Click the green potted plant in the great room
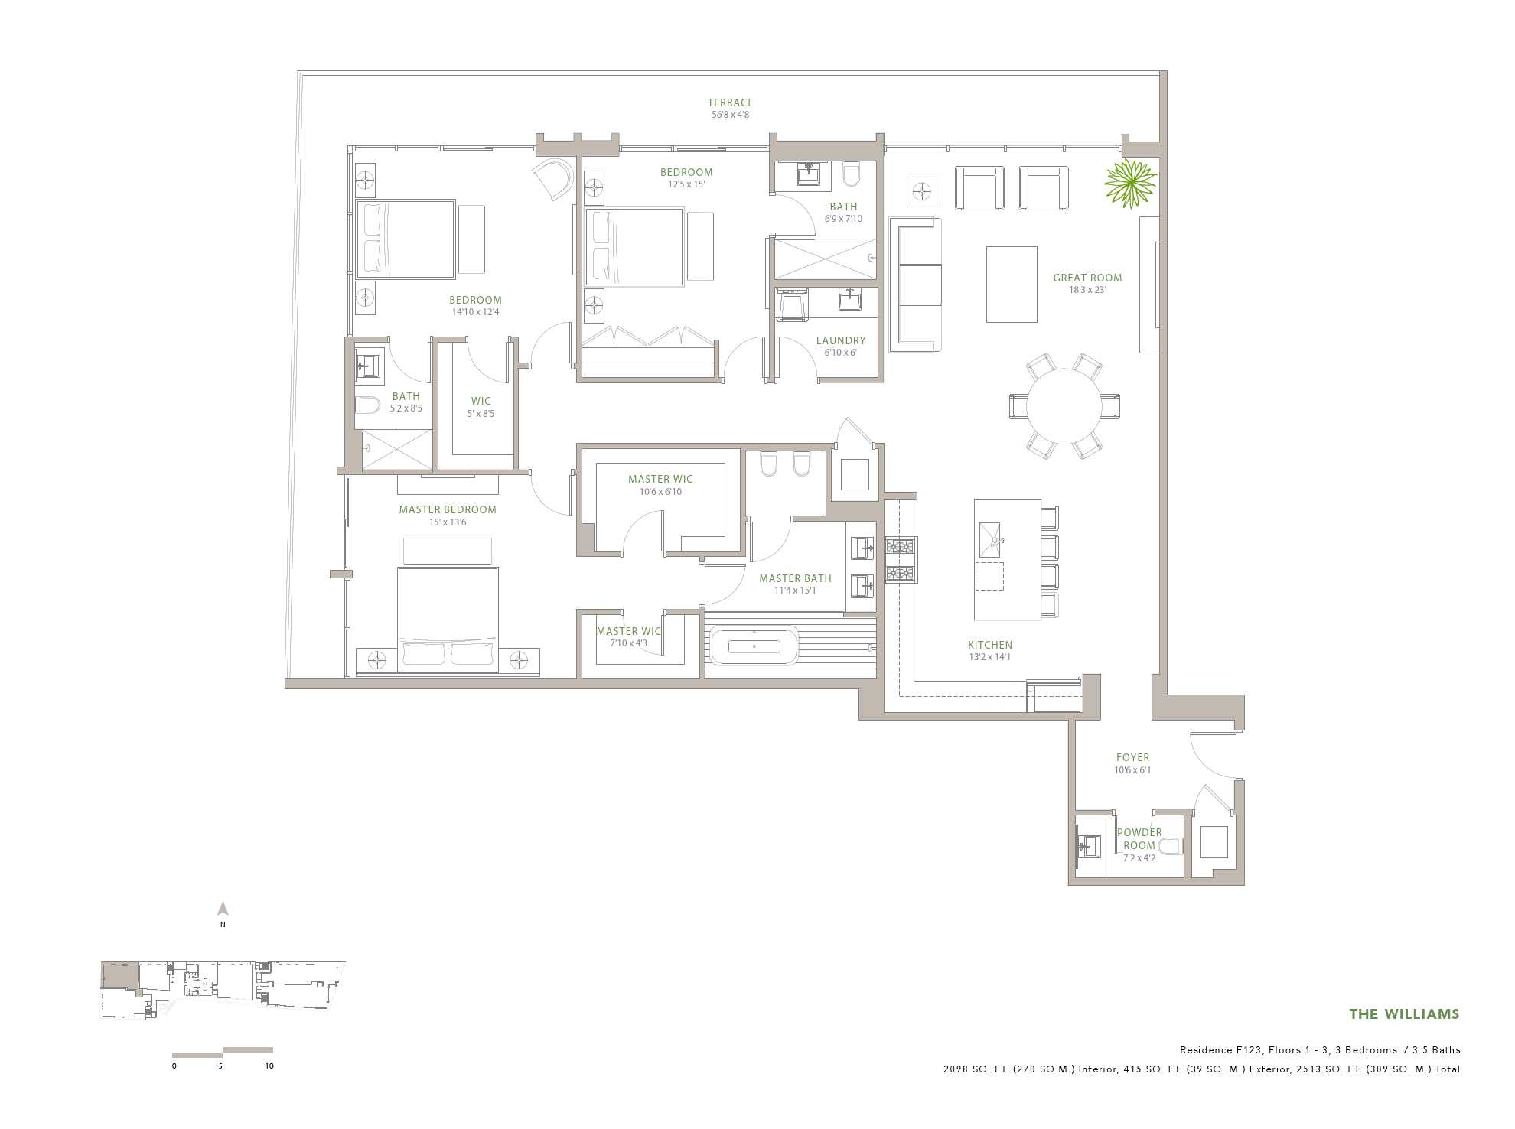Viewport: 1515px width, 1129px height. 1130,184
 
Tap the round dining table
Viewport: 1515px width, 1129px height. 1064,406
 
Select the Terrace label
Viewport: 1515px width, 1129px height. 730,102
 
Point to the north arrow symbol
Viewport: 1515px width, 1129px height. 223,909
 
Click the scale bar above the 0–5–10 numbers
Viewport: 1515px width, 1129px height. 223,1053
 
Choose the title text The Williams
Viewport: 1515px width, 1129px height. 1404,1014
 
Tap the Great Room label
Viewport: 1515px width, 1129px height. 1087,278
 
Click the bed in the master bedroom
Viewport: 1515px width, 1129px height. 448,620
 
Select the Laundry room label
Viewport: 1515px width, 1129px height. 841,340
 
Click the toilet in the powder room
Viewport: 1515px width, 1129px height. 1171,846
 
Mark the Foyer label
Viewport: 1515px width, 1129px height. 1132,757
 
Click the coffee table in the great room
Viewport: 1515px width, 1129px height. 1012,285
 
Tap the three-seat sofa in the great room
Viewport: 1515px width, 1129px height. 915,285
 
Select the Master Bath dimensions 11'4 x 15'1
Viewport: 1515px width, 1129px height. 795,591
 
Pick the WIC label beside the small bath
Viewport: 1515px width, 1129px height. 481,401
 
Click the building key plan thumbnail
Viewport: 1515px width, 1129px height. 223,990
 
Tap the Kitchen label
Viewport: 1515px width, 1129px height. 990,645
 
